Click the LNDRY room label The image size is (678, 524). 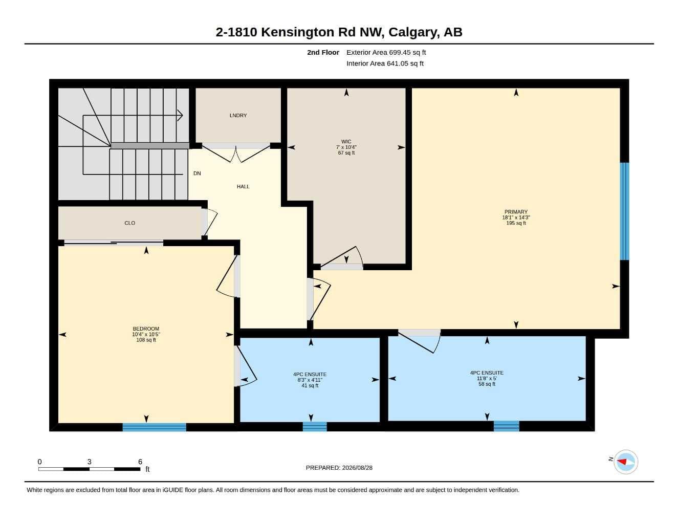click(238, 116)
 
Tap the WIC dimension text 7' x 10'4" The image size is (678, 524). click(346, 147)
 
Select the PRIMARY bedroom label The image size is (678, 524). click(516, 212)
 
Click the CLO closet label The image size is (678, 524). click(130, 223)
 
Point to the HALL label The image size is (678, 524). click(243, 186)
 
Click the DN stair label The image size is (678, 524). click(197, 173)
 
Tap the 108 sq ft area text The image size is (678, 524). click(146, 340)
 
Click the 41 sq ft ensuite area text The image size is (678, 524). click(310, 385)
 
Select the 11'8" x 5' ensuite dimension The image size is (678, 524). click(487, 378)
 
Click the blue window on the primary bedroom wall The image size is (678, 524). click(624, 211)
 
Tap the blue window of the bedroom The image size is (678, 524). click(154, 427)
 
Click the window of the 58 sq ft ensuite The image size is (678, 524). click(506, 426)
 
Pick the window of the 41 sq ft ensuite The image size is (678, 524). click(315, 427)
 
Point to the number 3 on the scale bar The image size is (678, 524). click(89, 462)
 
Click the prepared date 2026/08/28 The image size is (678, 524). click(357, 468)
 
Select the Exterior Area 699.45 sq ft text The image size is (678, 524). click(386, 52)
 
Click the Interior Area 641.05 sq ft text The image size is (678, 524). click(385, 63)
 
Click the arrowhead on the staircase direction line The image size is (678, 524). click(180, 116)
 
